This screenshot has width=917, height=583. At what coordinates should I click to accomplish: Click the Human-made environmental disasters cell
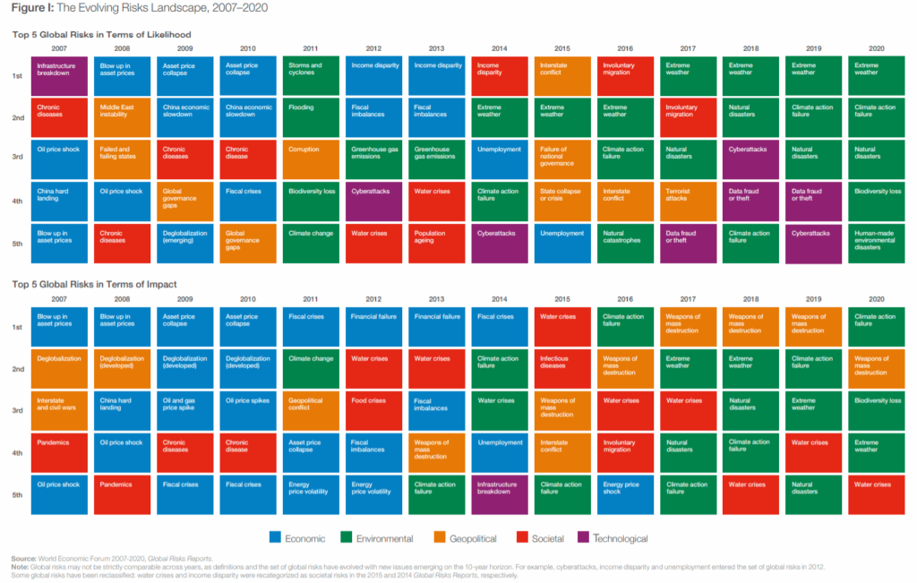click(x=876, y=242)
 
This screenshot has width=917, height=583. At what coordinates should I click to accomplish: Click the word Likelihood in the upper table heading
click(x=169, y=34)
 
